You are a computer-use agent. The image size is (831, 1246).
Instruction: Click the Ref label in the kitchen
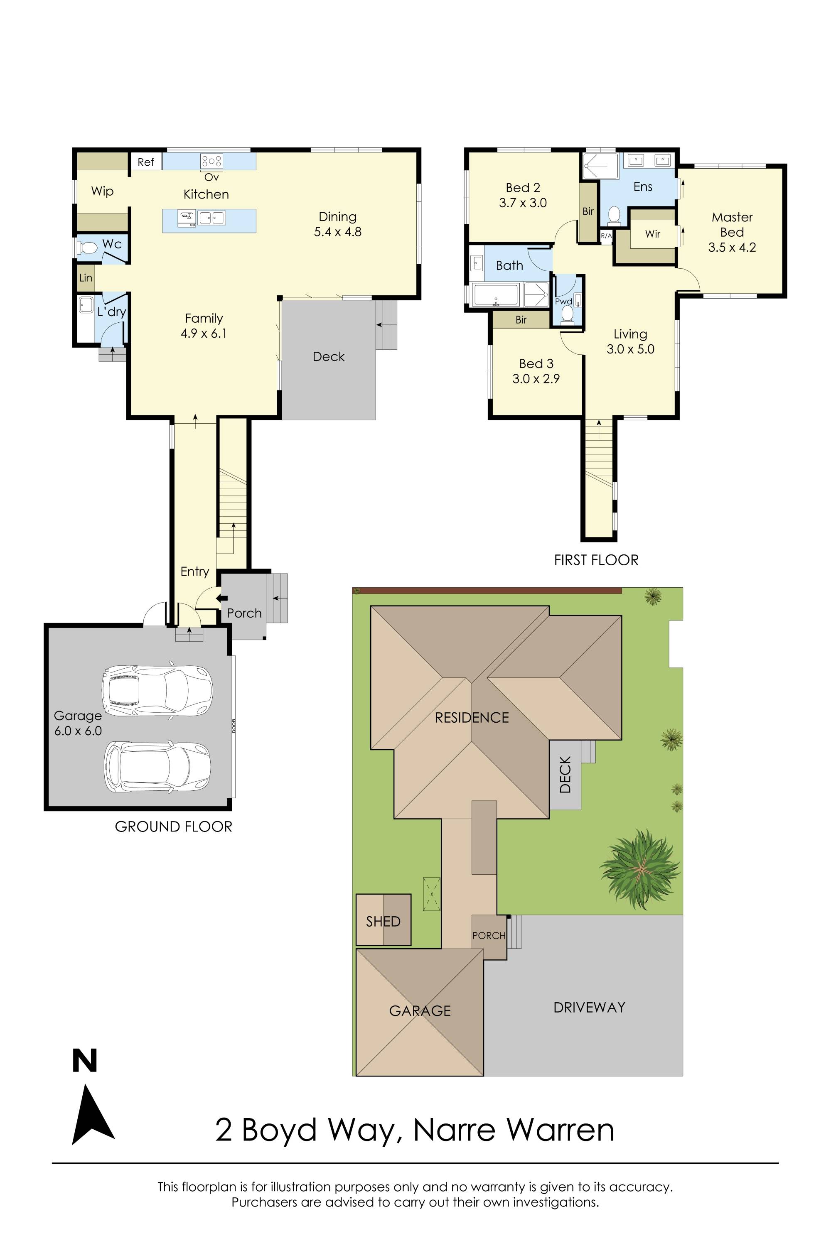pyautogui.click(x=146, y=162)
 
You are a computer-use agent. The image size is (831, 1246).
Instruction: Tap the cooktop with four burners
pyautogui.click(x=211, y=160)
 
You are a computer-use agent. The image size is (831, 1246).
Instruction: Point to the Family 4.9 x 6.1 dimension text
pyautogui.click(x=204, y=333)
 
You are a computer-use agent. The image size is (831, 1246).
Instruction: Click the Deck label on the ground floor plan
pyautogui.click(x=329, y=356)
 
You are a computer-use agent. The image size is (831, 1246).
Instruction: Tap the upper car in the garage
pyautogui.click(x=157, y=690)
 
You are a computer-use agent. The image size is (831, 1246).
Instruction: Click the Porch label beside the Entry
pyautogui.click(x=244, y=613)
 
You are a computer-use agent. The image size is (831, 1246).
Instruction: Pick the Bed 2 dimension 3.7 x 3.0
pyautogui.click(x=523, y=203)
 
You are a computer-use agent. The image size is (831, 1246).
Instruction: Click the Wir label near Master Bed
pyautogui.click(x=652, y=233)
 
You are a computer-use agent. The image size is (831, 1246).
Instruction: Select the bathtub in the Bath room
pyautogui.click(x=496, y=295)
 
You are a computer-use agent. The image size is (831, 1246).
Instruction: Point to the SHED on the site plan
pyautogui.click(x=383, y=921)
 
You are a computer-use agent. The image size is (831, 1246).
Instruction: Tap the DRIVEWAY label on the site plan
pyautogui.click(x=589, y=1007)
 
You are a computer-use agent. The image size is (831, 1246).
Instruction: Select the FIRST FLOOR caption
pyautogui.click(x=596, y=560)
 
